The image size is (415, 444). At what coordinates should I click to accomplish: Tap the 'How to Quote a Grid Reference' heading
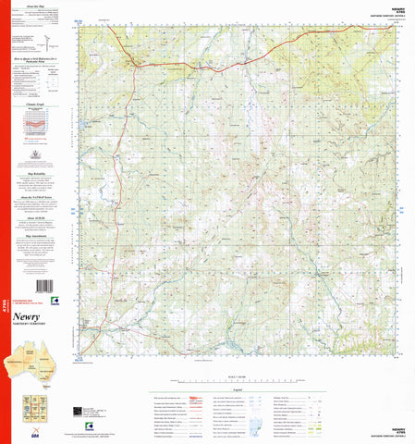41,59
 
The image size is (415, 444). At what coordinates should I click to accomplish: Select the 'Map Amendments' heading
41,235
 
